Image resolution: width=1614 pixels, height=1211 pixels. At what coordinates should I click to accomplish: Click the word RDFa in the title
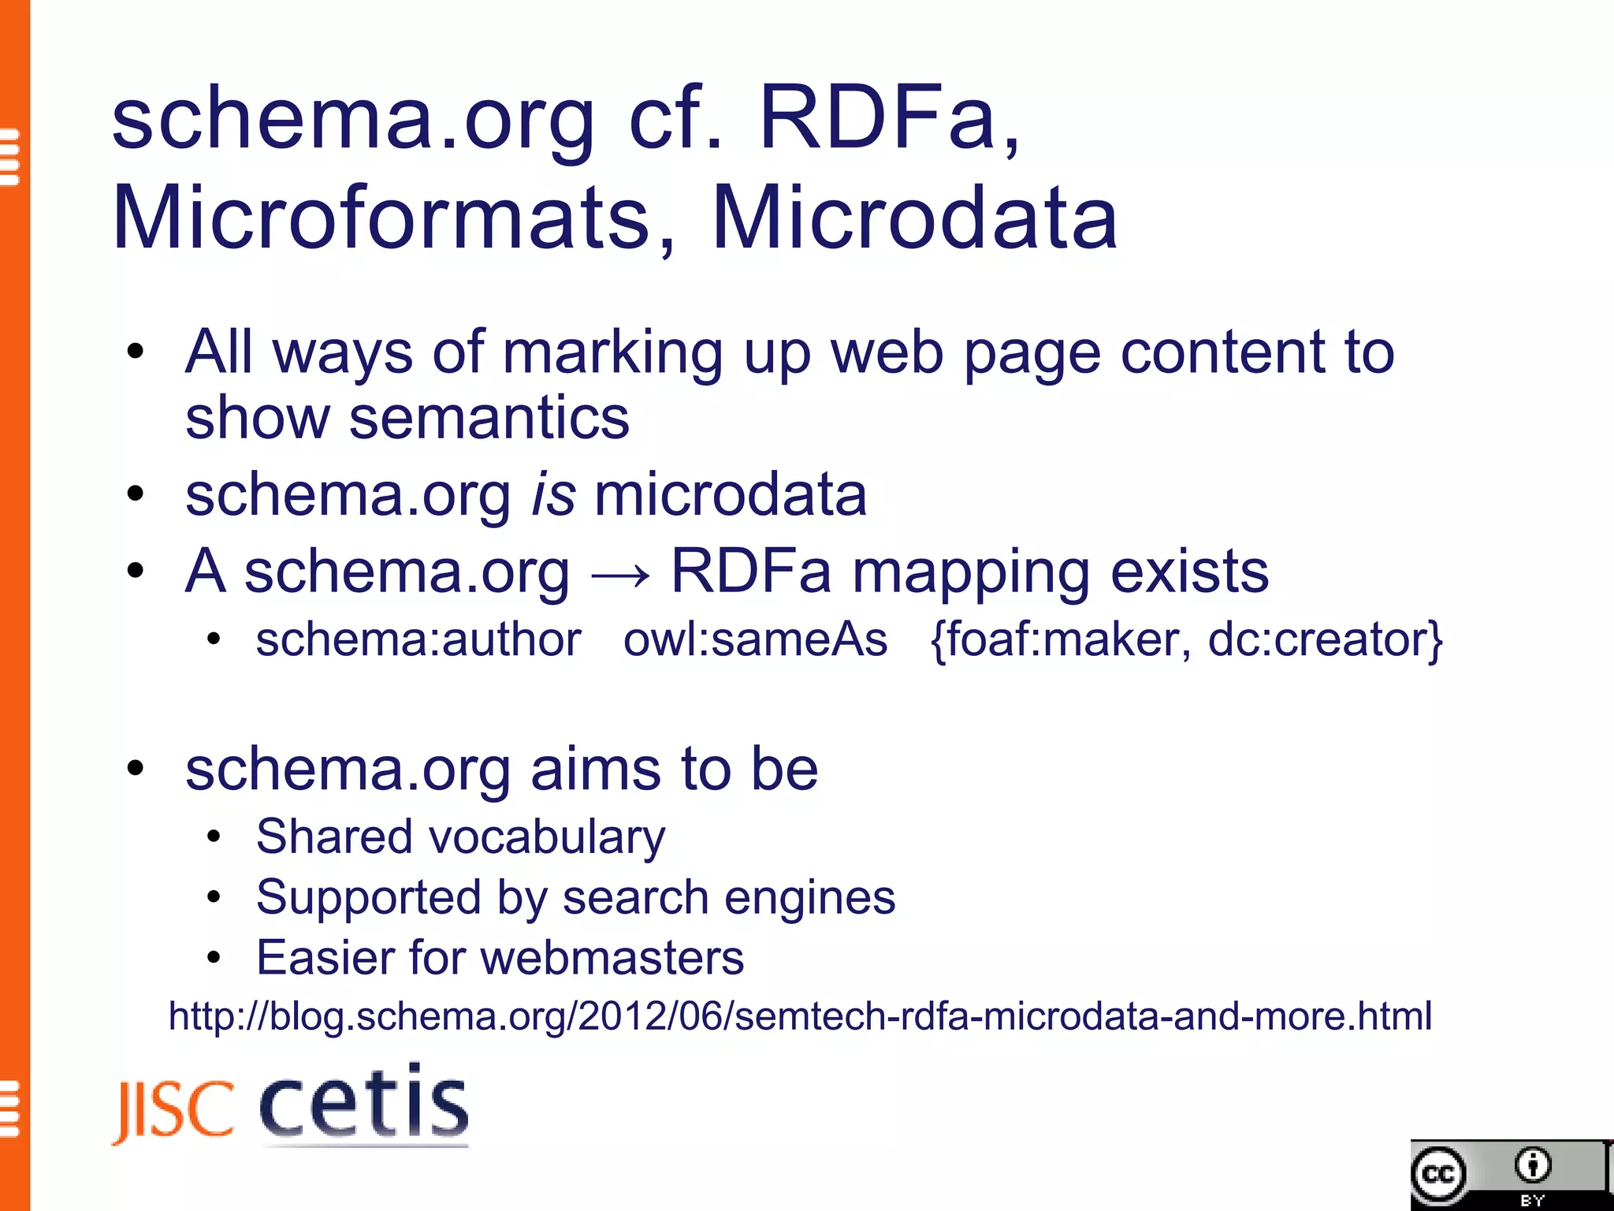[x=878, y=120]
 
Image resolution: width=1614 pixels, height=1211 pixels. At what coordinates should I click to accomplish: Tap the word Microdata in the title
[x=915, y=218]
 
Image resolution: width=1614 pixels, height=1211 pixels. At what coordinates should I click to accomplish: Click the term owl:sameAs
[x=755, y=639]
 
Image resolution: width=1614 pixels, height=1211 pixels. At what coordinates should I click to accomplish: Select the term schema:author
[x=418, y=639]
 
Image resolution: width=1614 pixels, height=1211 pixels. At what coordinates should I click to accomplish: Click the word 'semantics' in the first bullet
[x=489, y=419]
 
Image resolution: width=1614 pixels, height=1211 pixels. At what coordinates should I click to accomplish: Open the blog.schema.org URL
[x=800, y=1016]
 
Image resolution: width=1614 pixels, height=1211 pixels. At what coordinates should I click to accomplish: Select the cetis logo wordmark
[x=364, y=1102]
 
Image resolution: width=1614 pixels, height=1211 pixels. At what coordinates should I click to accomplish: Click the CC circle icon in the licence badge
[x=1439, y=1175]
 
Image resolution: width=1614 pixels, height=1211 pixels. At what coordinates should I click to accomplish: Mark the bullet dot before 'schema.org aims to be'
[x=136, y=769]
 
